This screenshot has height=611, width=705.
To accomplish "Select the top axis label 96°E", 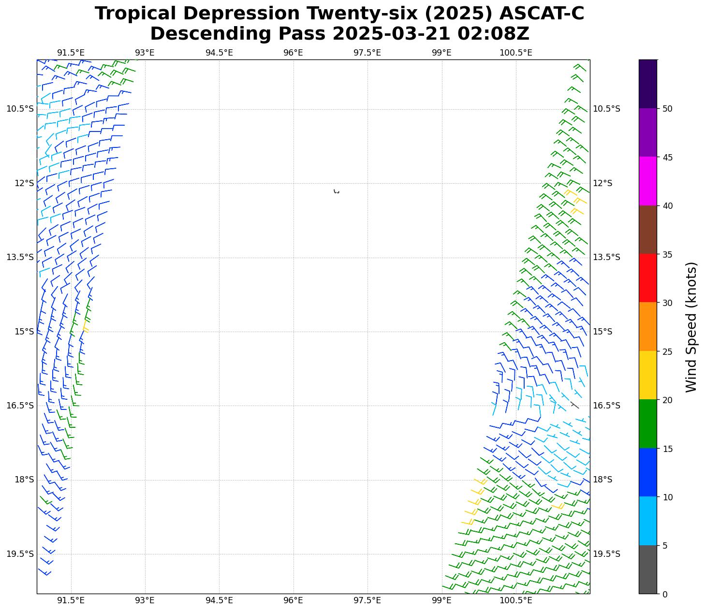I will tap(293, 53).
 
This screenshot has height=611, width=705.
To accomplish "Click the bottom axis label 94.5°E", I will tap(219, 600).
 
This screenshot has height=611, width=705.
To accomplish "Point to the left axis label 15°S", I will tap(24, 332).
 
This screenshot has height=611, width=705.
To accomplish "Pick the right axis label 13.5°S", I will tap(606, 257).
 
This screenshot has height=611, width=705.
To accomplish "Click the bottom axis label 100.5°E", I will tap(515, 600).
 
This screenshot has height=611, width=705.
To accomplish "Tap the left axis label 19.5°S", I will tap(20, 554).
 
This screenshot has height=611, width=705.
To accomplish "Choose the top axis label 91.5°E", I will tap(71, 53).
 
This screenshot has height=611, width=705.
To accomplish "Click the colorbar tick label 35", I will tap(667, 254).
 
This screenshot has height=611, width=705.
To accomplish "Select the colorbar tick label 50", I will tap(667, 109).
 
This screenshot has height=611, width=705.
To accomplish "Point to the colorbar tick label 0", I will tap(665, 594).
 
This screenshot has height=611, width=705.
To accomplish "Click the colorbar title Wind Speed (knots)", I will tap(691, 327).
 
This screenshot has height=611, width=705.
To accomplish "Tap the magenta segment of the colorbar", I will tap(647, 181).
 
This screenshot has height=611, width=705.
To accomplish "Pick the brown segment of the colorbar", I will tap(647, 230).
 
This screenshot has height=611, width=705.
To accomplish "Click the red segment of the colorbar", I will tap(647, 278).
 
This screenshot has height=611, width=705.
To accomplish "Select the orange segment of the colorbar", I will tap(647, 326).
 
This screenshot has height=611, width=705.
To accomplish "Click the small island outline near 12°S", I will tap(336, 192).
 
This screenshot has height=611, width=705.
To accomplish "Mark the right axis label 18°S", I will tap(602, 480).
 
